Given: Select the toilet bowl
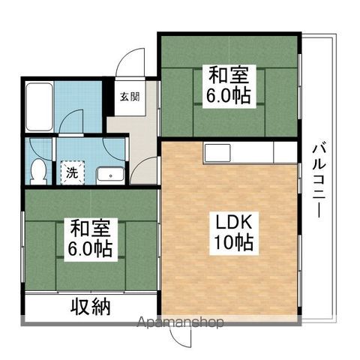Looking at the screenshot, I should coord(37,171).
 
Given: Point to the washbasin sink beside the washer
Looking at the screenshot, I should coord(109,175).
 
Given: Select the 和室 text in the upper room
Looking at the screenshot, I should coord(228,75).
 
